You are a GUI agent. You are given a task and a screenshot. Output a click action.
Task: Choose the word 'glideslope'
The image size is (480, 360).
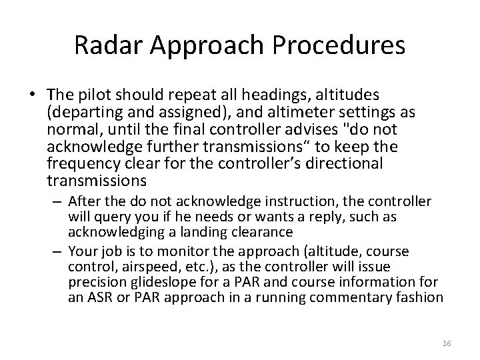coord(143,283)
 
